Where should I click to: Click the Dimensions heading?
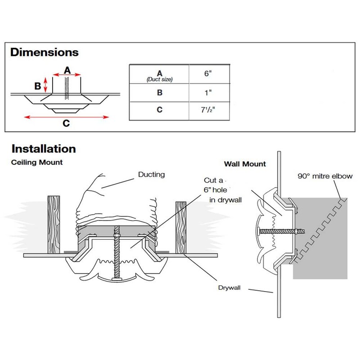tap(44, 52)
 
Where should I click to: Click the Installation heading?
tap(43, 148)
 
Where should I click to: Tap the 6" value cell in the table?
tap(207, 74)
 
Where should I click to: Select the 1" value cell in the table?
tap(207, 93)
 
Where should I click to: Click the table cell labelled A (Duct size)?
tap(159, 75)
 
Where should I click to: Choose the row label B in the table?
tap(159, 93)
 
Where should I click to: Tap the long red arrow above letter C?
tap(67, 117)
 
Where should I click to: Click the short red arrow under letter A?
tap(67, 76)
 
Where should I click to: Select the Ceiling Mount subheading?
tap(36, 162)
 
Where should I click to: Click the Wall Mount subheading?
tap(245, 164)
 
